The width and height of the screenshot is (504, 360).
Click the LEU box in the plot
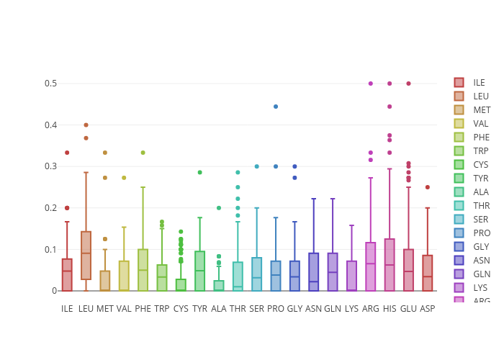click(x=86, y=256)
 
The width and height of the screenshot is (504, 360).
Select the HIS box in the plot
click(x=390, y=265)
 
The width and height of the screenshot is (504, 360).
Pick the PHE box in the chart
click(x=143, y=270)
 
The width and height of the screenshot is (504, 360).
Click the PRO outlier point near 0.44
click(x=276, y=107)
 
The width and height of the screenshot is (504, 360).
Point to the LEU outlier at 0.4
click(x=86, y=125)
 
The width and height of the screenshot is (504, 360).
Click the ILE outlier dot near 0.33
click(x=67, y=153)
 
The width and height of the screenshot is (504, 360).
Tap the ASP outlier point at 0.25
click(x=428, y=187)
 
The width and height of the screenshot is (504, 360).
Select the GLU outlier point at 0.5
click(x=408, y=84)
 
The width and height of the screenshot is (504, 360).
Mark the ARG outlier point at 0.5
click(x=371, y=84)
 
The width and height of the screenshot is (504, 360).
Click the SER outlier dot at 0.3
click(x=257, y=166)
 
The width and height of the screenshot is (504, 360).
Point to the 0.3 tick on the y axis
click(x=51, y=166)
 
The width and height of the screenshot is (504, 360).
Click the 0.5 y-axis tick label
click(x=51, y=84)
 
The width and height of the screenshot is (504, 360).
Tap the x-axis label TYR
click(x=199, y=309)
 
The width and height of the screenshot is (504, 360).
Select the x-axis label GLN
click(x=333, y=309)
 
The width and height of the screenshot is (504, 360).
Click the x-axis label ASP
click(x=428, y=309)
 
